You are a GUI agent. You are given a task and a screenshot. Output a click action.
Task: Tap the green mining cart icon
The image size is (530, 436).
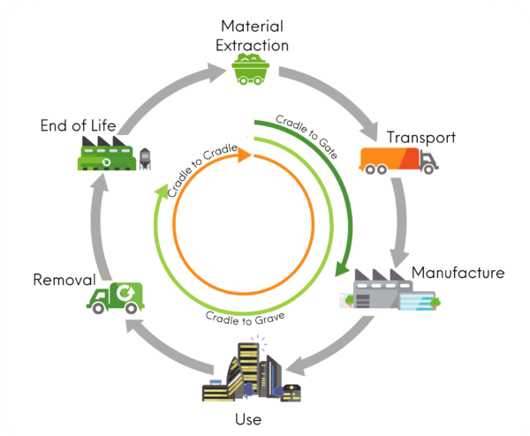tap(252, 69)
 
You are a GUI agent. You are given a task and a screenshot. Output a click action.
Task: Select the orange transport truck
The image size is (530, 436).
tap(398, 161)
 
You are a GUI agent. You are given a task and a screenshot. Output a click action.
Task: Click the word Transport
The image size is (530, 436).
tap(420, 138)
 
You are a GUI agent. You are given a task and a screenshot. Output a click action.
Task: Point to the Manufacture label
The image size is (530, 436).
tap(458, 273)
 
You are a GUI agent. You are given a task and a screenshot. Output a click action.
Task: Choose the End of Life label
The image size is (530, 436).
tap(78, 125)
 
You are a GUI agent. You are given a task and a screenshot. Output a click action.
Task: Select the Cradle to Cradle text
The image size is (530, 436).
tap(202, 170)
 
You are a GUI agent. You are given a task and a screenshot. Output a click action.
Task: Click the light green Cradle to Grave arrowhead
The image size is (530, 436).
tap(162, 187)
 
